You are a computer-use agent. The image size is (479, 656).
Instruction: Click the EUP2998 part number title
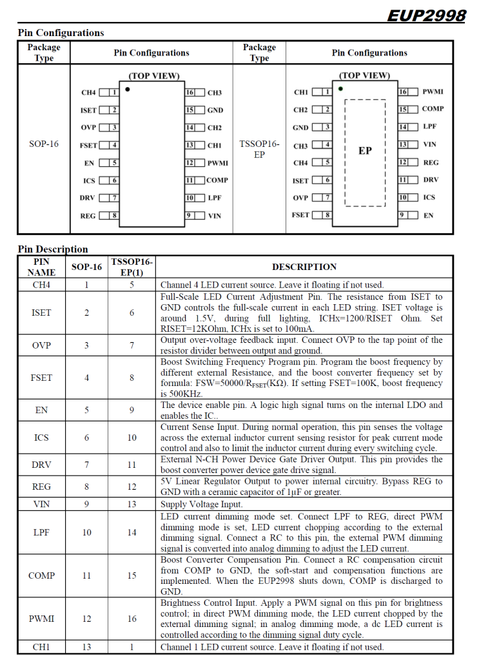point(426,15)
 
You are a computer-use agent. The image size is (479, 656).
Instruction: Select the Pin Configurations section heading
point(61,33)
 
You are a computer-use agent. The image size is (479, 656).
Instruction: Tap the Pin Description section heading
point(53,249)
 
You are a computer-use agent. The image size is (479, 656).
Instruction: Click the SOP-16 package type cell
point(44,144)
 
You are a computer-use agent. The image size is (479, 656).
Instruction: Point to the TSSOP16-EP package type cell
point(259,149)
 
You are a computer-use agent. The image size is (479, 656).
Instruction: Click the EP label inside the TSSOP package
point(365,151)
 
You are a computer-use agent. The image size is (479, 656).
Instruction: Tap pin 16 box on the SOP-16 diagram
point(191,93)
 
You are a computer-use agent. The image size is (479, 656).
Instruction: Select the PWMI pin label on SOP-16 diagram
point(218,164)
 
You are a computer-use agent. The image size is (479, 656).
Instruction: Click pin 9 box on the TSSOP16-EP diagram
point(403,215)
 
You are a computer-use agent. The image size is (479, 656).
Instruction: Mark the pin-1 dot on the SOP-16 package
point(128,90)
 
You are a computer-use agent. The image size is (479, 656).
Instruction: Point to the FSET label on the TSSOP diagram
point(300,215)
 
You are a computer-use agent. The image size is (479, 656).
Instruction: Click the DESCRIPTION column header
point(304,267)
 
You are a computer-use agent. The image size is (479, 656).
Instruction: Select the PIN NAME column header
point(41,267)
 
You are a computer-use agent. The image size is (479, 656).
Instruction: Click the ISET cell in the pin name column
point(41,313)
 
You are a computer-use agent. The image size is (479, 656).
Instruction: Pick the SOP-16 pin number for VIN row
point(86,505)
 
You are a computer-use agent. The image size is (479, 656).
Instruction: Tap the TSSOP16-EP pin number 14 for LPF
point(132,532)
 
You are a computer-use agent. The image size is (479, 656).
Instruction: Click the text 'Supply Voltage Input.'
point(202,505)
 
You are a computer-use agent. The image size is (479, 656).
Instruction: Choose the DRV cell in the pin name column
point(41,465)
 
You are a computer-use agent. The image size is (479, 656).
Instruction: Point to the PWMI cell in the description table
point(41,619)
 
